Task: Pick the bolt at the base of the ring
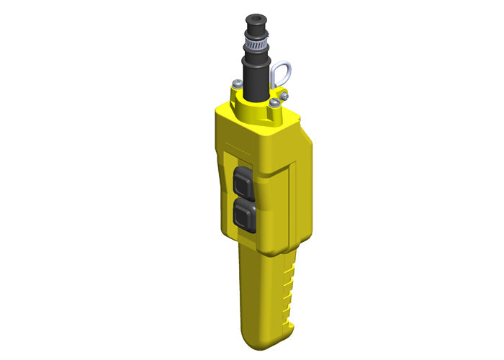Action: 286,94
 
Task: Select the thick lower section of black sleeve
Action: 256,79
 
